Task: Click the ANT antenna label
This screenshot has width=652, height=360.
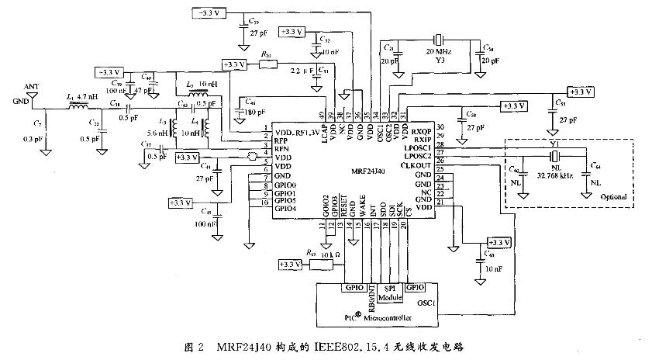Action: click(30, 87)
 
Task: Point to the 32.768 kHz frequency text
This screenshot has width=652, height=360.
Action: click(556, 176)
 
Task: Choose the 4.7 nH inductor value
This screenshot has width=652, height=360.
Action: click(87, 96)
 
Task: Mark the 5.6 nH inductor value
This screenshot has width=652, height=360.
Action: click(157, 133)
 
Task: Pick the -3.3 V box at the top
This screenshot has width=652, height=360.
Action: click(209, 14)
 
